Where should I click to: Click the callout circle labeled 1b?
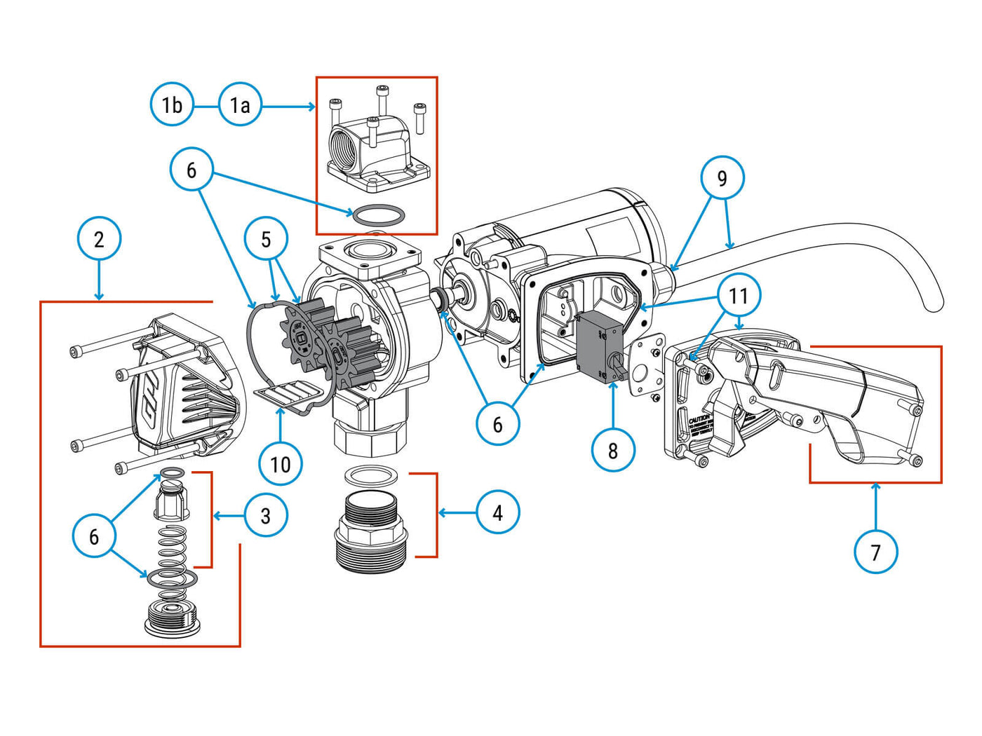click(172, 105)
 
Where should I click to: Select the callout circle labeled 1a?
click(240, 105)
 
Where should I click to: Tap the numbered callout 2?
click(99, 239)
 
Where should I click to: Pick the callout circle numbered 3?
click(266, 516)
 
